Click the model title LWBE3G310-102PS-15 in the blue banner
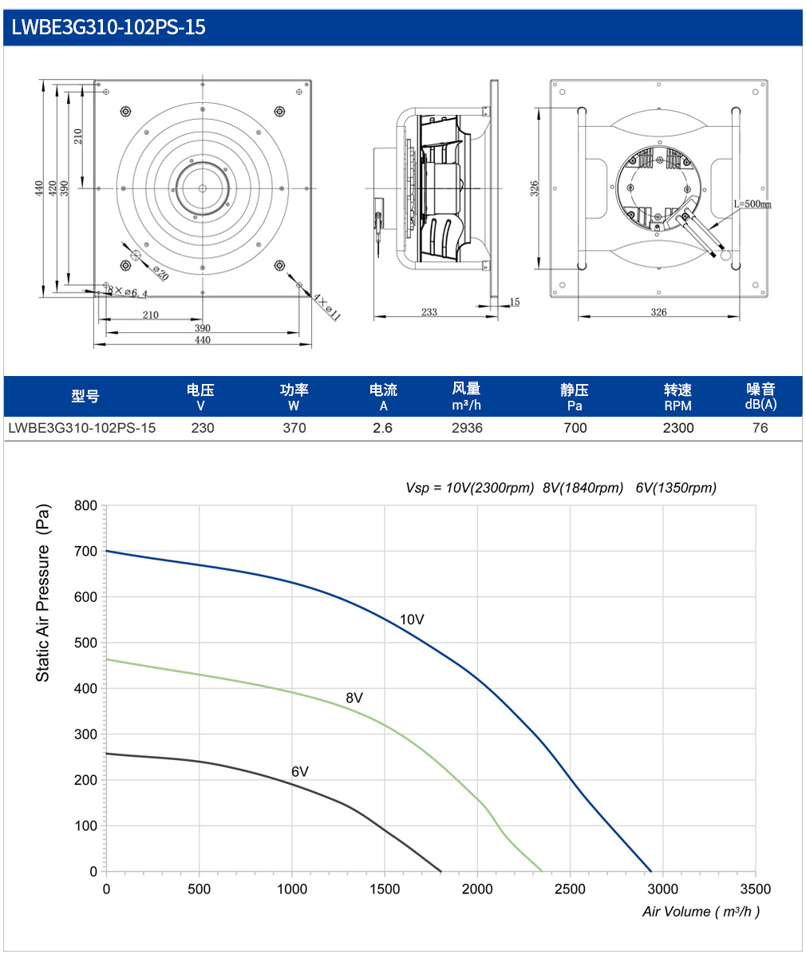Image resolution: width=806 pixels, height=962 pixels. coord(109,27)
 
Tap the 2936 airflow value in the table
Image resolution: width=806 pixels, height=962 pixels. coord(467,428)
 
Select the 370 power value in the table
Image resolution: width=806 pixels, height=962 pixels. coord(294,428)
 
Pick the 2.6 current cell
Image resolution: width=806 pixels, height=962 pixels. coord(382,428)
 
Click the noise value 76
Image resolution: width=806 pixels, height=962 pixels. coord(760,428)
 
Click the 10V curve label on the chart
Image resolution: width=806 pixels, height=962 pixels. coord(412,620)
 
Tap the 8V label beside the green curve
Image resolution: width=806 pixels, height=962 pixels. coord(354,698)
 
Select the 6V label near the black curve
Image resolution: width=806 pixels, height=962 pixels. coord(300,772)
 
